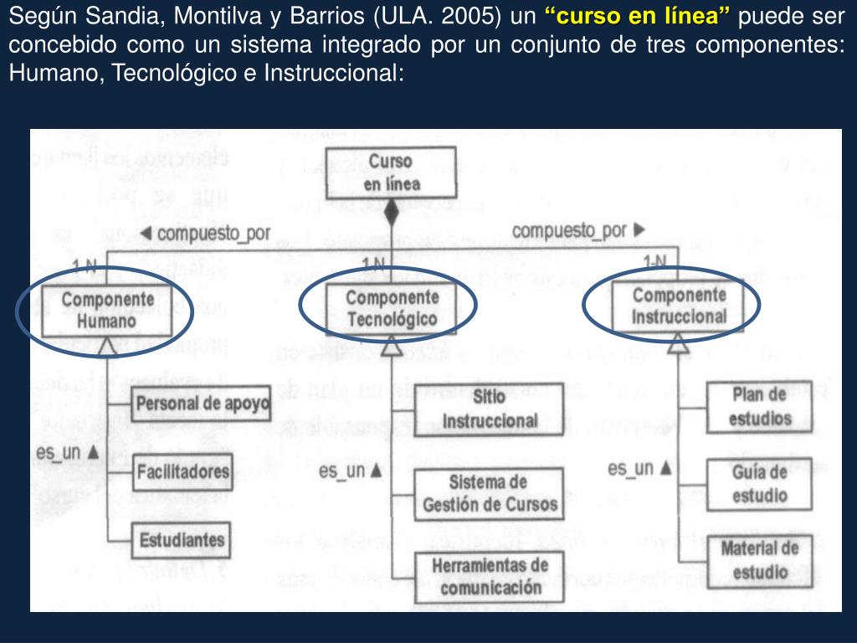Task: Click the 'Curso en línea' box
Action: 391,172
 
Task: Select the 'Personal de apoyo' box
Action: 202,405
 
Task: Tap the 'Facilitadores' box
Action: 182,472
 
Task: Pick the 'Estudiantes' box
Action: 182,539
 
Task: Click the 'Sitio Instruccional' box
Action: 490,408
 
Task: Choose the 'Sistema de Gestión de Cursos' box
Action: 490,493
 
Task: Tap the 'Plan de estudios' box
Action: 759,406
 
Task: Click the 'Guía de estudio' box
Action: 759,484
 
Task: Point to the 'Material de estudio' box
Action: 759,561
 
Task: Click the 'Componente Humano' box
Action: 107,310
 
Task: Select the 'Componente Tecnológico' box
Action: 392,308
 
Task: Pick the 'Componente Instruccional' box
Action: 679,306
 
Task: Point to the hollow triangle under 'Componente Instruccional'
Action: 678,340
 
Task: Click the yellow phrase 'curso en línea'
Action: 637,16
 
